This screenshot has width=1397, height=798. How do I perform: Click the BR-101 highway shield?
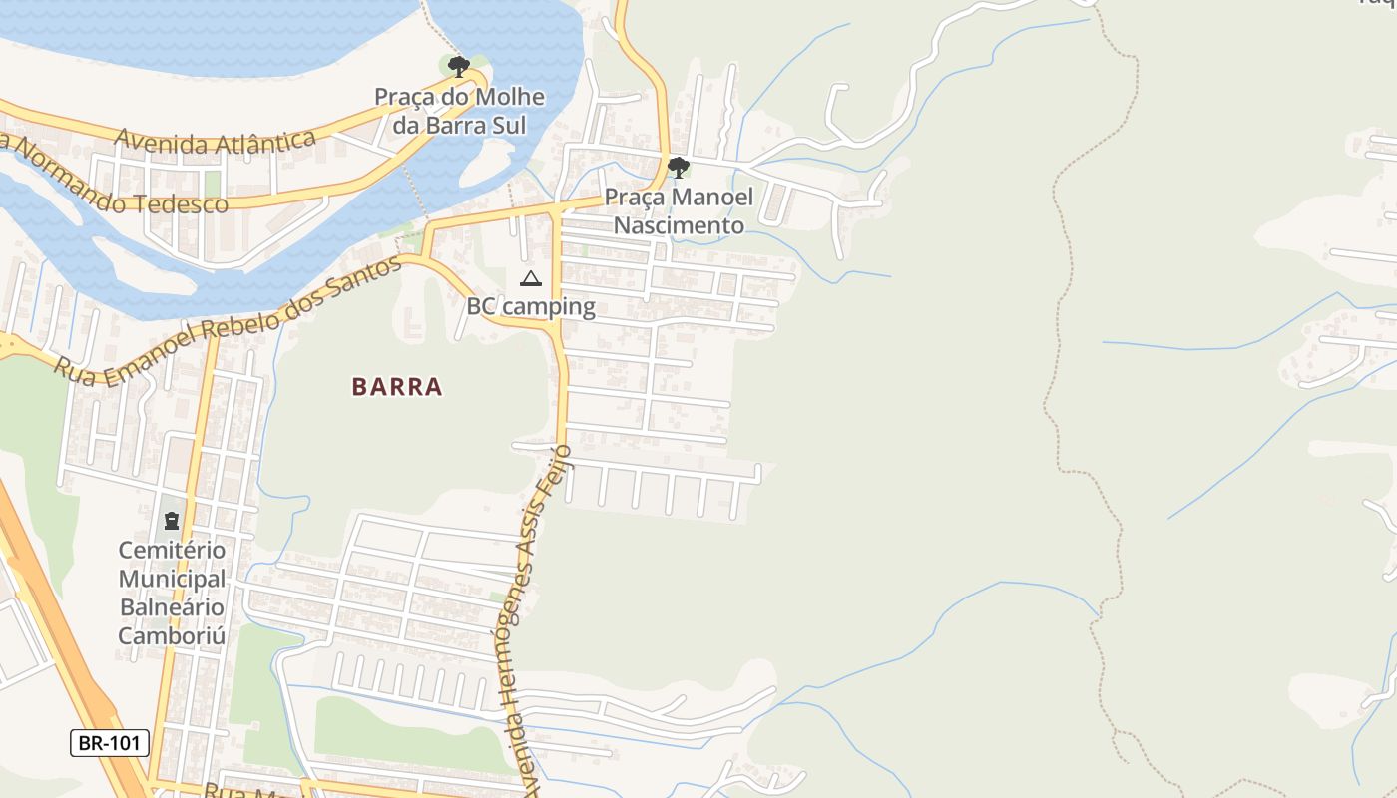coord(110,743)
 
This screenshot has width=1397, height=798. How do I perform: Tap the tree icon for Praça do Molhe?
coord(458,67)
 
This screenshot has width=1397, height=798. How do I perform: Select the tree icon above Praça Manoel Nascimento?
coord(679,167)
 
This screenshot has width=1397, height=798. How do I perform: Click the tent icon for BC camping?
coord(531,278)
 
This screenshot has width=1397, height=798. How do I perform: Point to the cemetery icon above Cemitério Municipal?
coord(172,520)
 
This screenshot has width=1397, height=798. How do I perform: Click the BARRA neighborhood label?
coord(396,387)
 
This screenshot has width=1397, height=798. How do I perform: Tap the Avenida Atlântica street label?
coord(215,141)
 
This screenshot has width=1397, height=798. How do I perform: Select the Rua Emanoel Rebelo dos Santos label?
coord(228,322)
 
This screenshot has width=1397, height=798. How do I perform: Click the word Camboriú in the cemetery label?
coord(172,635)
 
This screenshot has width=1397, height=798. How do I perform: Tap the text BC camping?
coord(531,306)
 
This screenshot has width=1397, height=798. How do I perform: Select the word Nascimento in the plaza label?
coord(679,225)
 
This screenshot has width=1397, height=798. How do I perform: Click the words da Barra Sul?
coord(459,125)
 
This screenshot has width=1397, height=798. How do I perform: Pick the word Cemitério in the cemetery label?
coord(172,550)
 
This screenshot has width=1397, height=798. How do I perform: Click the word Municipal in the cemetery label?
coord(172,579)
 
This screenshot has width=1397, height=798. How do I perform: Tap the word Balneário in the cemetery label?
coord(172,606)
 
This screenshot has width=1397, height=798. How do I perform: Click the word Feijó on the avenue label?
coord(556,473)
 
